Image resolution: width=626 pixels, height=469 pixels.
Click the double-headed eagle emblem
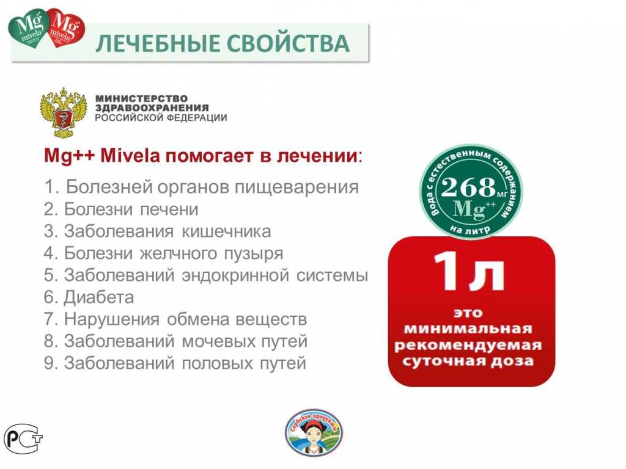point(62,113)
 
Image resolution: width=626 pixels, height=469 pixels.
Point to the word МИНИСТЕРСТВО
point(142,98)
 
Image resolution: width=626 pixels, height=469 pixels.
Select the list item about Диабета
point(89,297)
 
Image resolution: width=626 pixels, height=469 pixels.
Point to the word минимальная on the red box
point(470,329)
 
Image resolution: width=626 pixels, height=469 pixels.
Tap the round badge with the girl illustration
point(314,432)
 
